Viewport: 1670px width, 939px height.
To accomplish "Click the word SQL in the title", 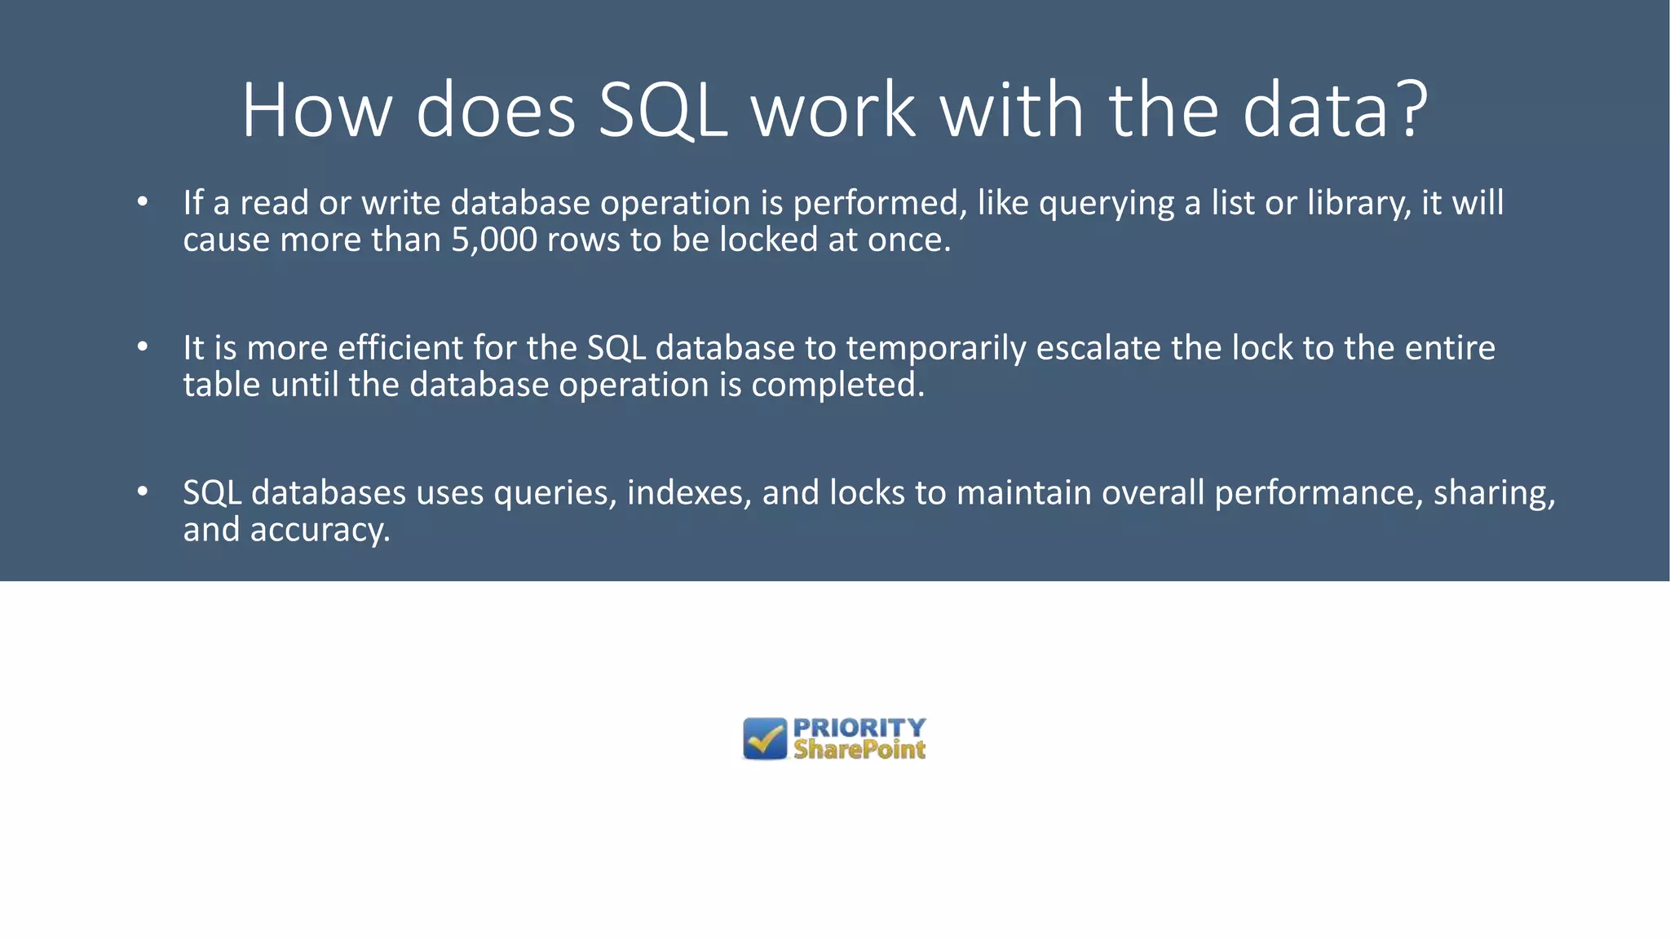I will (662, 111).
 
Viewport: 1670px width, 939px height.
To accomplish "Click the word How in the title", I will (317, 111).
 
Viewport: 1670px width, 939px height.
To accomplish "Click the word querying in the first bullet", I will (1107, 204).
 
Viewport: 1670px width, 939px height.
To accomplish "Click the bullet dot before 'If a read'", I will (143, 201).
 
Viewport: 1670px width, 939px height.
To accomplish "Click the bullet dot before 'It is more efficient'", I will (143, 346).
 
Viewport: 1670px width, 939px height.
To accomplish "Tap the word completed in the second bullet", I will (837, 385).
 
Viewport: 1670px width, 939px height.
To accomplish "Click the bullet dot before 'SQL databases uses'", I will (143, 492).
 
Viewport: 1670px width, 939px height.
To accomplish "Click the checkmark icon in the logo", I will (765, 738).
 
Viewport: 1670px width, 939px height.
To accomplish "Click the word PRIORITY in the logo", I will (859, 727).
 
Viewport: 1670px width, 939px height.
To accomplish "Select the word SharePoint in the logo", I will (859, 750).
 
